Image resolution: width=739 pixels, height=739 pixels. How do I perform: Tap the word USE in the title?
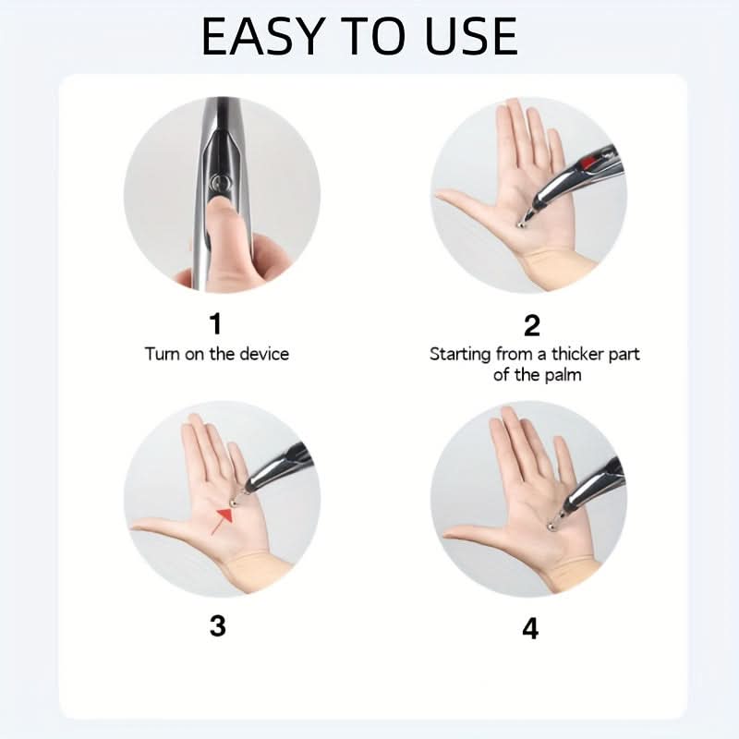pyautogui.click(x=471, y=36)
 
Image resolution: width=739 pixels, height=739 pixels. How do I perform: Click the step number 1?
pyautogui.click(x=215, y=324)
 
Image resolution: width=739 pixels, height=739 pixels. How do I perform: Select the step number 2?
pyautogui.click(x=532, y=325)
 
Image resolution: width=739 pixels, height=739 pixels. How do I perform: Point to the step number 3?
pyautogui.click(x=217, y=626)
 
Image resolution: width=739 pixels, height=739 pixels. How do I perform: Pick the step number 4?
pyautogui.click(x=530, y=628)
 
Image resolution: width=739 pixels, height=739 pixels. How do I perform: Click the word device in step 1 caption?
pyautogui.click(x=264, y=354)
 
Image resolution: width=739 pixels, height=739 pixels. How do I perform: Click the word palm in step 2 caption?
pyautogui.click(x=563, y=376)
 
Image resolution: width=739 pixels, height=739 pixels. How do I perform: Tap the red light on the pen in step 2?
pyautogui.click(x=588, y=164)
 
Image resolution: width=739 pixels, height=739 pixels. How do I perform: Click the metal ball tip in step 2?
pyautogui.click(x=521, y=224)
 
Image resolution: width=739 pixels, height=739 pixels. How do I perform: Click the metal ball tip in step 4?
pyautogui.click(x=550, y=527)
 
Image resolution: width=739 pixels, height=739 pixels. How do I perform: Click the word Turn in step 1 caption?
pyautogui.click(x=162, y=354)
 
